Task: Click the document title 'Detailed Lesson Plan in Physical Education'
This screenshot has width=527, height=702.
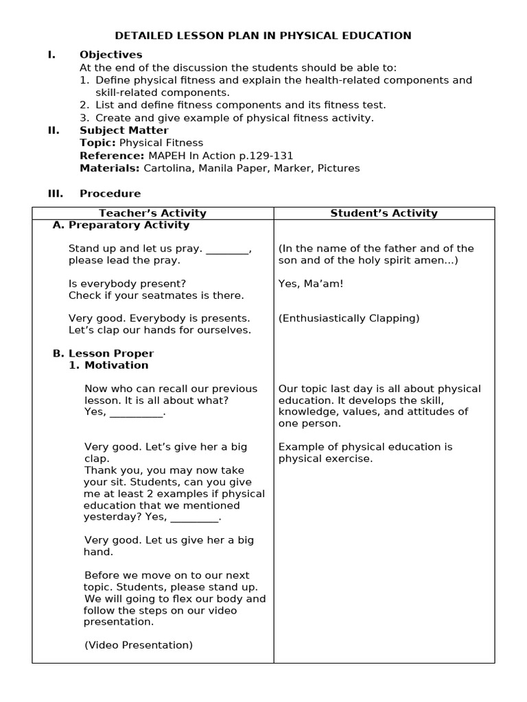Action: point(263,36)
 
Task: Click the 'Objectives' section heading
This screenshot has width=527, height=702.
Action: point(110,55)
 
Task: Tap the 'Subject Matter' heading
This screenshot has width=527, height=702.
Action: point(124,130)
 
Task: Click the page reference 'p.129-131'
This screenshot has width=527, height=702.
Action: point(263,156)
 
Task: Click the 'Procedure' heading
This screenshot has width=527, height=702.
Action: point(110,193)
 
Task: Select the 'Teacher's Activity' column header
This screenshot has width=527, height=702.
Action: point(152,213)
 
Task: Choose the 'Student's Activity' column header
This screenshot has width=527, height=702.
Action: point(384,213)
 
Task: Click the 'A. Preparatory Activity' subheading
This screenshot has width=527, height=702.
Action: point(121,225)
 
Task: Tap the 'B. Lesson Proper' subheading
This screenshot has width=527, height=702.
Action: point(103,353)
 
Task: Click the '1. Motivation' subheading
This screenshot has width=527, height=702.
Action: point(108,365)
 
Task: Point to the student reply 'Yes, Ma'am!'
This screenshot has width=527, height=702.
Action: point(311,283)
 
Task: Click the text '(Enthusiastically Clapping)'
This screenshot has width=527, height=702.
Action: point(349,318)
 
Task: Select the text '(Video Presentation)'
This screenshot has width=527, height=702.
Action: point(139,645)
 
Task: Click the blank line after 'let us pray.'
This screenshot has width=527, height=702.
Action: point(227,249)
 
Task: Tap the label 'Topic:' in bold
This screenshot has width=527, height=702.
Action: point(98,143)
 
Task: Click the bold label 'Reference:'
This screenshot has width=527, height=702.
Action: point(112,156)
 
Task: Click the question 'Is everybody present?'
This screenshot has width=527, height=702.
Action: point(127,283)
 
